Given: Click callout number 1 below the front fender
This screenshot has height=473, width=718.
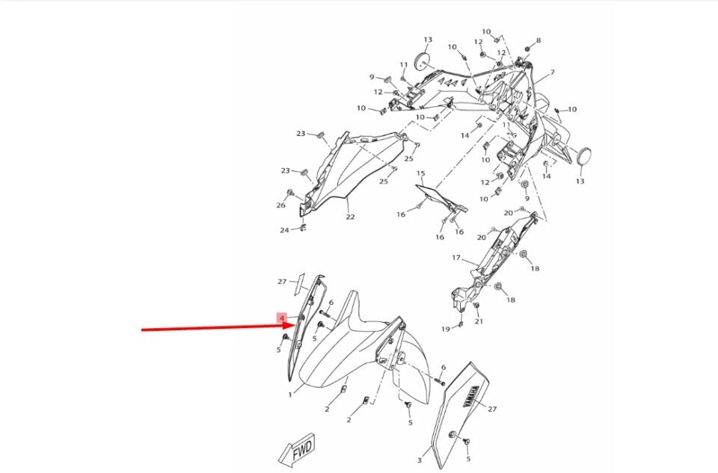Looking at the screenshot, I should click(291, 394).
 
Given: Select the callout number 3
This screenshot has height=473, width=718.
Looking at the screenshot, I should click(420, 451).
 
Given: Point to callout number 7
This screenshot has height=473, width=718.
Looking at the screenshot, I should click(552, 72).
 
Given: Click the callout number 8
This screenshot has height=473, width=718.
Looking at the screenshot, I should click(538, 40).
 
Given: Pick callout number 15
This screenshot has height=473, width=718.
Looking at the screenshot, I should click(420, 174).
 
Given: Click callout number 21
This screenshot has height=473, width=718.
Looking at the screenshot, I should click(479, 322).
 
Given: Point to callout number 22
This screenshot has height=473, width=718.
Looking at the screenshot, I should click(350, 217).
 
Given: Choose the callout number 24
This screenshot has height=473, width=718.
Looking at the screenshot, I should click(284, 230).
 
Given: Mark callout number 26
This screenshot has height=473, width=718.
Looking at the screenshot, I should click(280, 205).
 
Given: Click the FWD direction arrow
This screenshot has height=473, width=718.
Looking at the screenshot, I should click(296, 451).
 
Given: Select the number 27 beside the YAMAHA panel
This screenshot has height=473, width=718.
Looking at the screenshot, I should click(492, 409).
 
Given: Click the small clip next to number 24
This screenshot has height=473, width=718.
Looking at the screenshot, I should click(302, 228).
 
